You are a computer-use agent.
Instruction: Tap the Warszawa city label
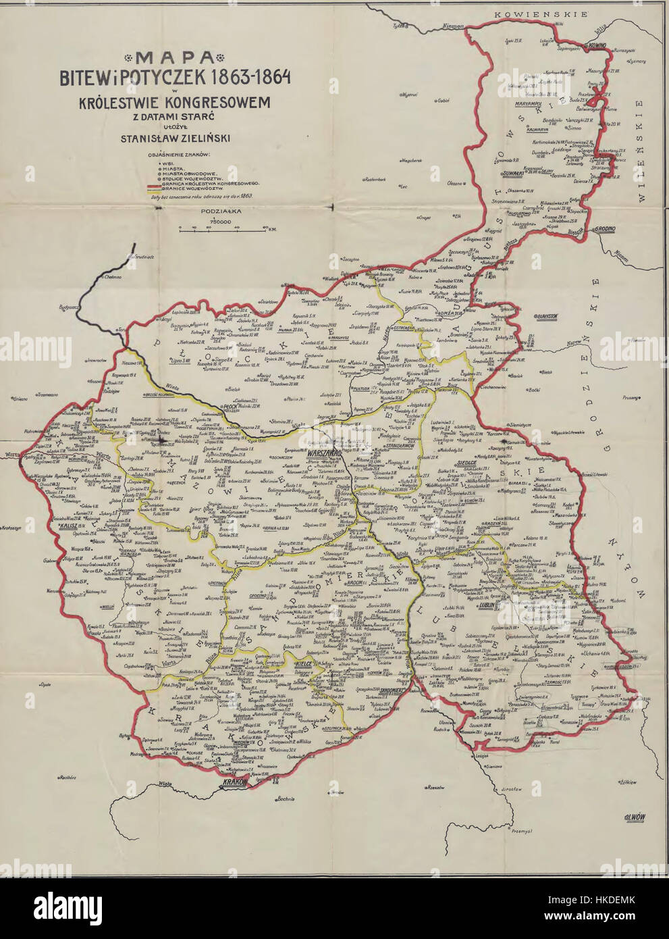pyautogui.click(x=323, y=453)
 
